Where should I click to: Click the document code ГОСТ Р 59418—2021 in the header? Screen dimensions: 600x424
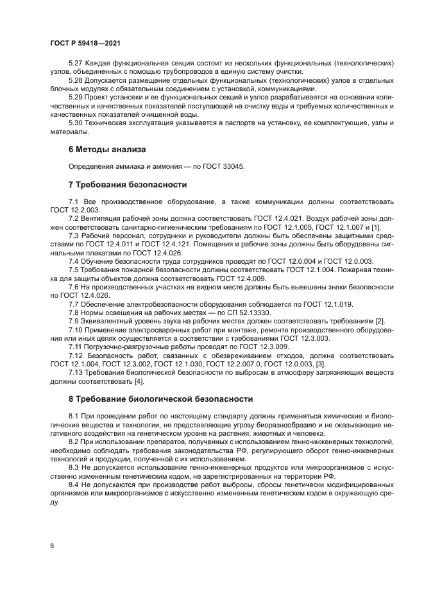point(85,42)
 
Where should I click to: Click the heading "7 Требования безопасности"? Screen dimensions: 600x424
point(127,185)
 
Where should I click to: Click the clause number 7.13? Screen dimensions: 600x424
point(78,370)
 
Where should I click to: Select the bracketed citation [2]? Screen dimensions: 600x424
point(379,320)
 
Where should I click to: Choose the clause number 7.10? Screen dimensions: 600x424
point(78,329)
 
